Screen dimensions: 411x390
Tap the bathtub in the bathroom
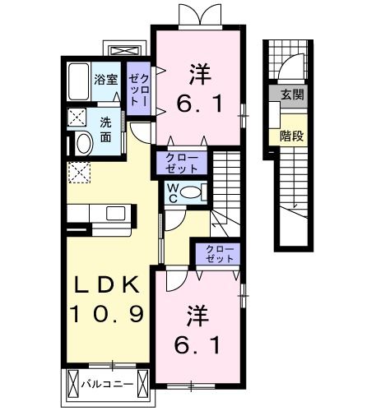tap(77, 83)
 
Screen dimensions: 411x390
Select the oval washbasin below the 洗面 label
tap(82, 144)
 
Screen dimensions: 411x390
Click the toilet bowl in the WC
tap(190, 194)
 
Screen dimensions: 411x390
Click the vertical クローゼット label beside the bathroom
tap(138, 90)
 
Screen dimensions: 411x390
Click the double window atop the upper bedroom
tap(198, 15)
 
